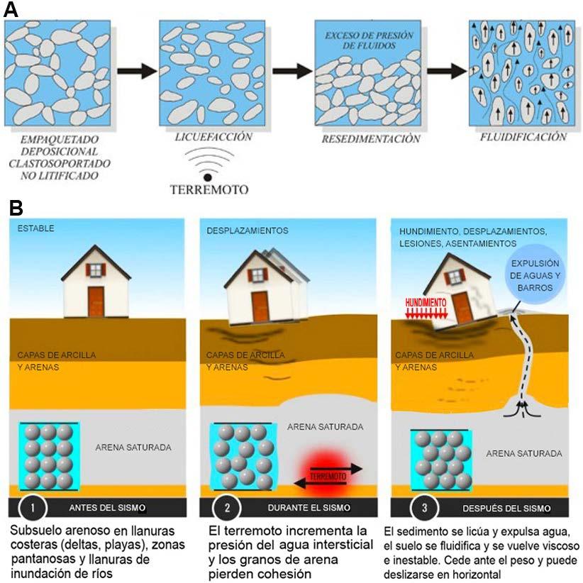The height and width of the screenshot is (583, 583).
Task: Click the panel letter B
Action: click(16, 208)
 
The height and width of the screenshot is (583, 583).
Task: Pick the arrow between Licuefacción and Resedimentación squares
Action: click(292, 71)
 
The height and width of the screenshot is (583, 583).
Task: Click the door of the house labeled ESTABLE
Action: click(96, 301)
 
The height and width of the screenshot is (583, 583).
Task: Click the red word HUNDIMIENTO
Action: click(426, 301)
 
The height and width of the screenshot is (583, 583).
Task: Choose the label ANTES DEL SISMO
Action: click(107, 508)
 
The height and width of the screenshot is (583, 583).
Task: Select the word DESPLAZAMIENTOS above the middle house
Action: click(247, 232)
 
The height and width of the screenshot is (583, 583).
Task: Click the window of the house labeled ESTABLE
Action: click(96, 270)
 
